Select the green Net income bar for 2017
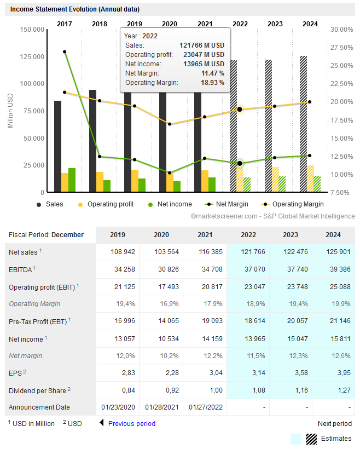(72, 180)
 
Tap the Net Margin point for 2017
(65, 51)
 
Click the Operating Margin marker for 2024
(310, 102)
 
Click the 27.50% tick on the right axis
(342, 48)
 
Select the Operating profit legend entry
(125, 204)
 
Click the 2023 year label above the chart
(275, 24)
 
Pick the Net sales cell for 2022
(248, 252)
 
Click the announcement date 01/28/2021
(161, 407)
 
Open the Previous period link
(131, 423)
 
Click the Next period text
(334, 423)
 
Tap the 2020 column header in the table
(161, 234)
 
